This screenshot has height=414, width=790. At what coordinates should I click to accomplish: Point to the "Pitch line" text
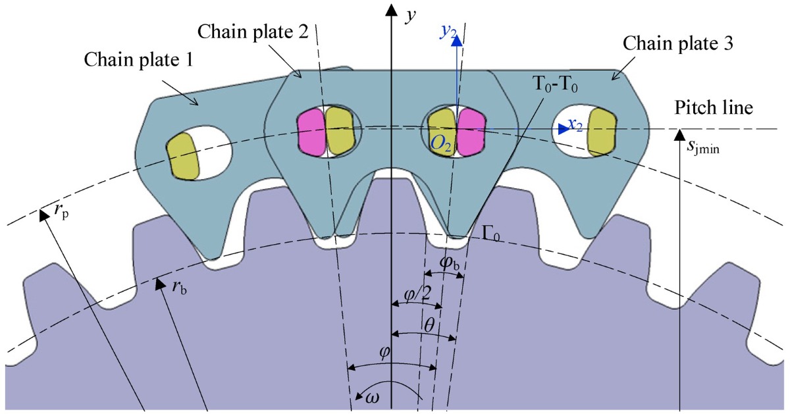[715, 107]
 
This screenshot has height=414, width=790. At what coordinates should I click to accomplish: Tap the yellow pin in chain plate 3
[600, 132]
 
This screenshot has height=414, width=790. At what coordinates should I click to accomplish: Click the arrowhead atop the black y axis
[392, 11]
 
